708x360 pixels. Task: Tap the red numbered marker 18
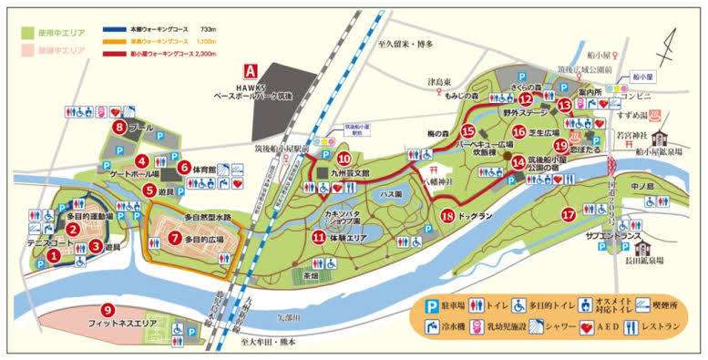[x=447, y=216]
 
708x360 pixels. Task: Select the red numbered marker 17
[x=569, y=215]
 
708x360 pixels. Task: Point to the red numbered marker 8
[x=119, y=127]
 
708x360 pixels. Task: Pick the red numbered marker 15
[x=468, y=130]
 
